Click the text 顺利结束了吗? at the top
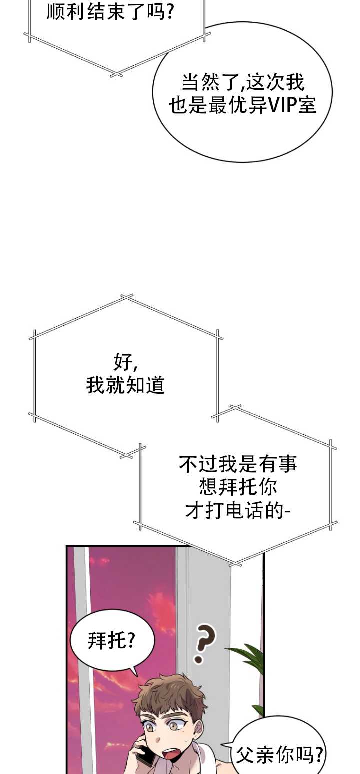tap(110, 11)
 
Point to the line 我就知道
tap(125, 385)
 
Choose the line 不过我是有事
tap(238, 464)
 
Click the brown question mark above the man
tap(203, 643)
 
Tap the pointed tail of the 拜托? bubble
tap(135, 674)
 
